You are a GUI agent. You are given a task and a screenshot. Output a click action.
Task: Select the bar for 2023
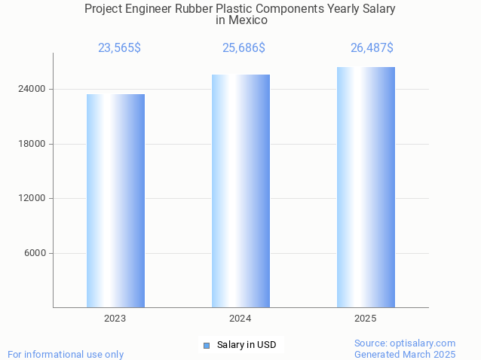pos(115,200)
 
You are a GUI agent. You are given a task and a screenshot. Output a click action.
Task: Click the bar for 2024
pos(240,191)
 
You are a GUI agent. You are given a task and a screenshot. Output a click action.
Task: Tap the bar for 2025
pos(366,187)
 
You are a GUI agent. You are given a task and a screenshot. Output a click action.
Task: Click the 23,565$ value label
pos(119,48)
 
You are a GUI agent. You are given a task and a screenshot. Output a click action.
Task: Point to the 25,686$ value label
pos(244,48)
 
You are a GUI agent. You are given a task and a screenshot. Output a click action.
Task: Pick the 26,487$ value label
pos(372,48)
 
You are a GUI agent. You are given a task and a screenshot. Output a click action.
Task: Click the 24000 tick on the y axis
pos(33,89)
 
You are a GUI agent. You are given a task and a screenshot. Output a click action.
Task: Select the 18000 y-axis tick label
pos(33,144)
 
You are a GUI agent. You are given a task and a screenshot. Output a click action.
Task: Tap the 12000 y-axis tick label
pos(33,198)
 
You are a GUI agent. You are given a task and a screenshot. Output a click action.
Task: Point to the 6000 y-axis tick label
pos(35,253)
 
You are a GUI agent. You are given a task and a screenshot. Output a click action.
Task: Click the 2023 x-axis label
pos(115,319)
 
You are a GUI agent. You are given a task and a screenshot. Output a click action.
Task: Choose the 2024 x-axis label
pos(240,319)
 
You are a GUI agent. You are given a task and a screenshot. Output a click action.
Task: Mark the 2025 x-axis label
pos(366,319)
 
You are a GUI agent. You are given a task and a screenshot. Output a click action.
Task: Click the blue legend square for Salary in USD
pos(206,345)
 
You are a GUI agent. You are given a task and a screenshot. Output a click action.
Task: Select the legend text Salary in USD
pos(247,345)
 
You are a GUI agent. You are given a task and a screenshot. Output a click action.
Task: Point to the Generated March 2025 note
pos(405,354)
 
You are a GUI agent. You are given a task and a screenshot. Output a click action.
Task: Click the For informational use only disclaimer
pos(66,354)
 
